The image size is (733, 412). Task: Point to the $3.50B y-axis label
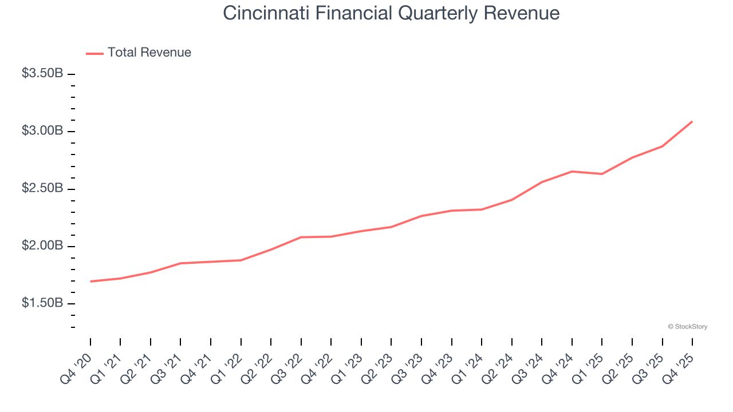(42, 74)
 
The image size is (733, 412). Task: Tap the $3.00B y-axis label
(42, 131)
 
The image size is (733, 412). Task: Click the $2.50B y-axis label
(42, 188)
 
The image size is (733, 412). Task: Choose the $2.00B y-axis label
(42, 245)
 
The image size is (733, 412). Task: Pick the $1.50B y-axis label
(42, 303)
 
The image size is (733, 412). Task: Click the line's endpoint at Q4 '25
(692, 121)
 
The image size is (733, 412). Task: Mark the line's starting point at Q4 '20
(90, 282)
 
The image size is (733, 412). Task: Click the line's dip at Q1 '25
(602, 174)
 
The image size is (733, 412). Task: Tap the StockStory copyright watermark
(687, 327)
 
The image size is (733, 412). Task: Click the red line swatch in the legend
(94, 53)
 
